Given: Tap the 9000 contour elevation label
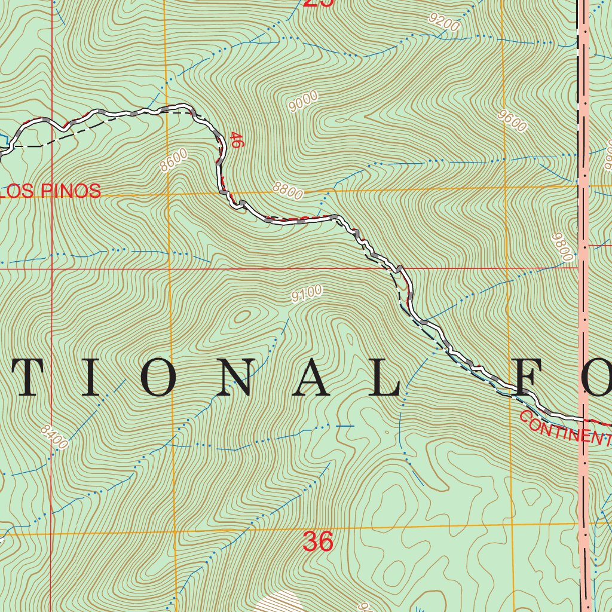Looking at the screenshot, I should [304, 102].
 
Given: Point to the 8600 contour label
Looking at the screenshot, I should [174, 161].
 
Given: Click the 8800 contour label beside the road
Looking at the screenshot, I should [288, 191].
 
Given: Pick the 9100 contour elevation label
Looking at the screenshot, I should [307, 293].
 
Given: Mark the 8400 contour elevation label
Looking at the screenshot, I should [55, 437].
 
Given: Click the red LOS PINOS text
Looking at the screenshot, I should [51, 191].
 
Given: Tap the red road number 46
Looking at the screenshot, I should [235, 140].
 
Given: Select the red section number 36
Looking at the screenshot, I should [317, 541].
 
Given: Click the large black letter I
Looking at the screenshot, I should [90, 379].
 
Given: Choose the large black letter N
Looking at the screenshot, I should [240, 379].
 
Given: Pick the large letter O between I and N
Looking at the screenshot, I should [160, 379].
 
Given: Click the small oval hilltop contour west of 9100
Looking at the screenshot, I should [243, 316].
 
